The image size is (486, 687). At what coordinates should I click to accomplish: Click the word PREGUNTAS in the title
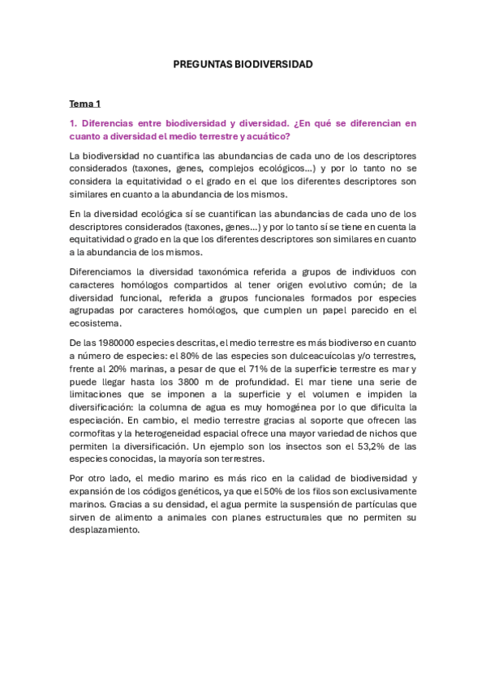click(203, 63)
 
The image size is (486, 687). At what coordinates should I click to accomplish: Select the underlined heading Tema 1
click(85, 104)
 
